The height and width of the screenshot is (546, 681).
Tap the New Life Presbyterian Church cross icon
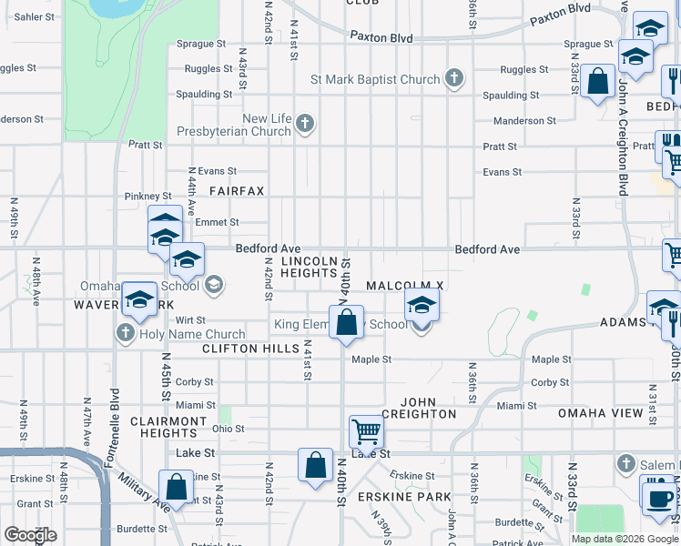(305, 124)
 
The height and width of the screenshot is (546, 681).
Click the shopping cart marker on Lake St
(365, 430)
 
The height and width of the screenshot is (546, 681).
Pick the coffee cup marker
(658, 498)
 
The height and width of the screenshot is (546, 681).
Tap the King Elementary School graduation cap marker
(422, 306)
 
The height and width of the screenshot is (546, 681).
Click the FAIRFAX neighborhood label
(236, 191)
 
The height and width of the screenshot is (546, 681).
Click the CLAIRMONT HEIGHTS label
(168, 427)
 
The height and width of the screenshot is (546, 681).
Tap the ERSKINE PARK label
(417, 497)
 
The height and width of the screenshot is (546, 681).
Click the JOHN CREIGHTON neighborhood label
(418, 408)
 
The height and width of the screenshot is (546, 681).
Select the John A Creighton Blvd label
(623, 136)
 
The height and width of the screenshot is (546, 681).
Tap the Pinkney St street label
(147, 196)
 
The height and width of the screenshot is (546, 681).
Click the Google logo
(29, 535)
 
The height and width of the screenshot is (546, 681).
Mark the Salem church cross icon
(625, 464)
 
